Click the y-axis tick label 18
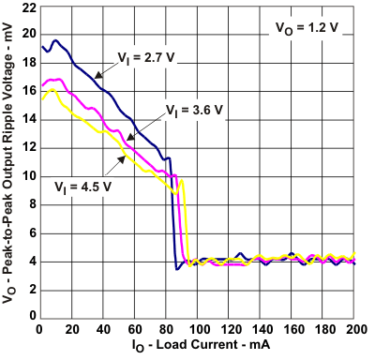(x=26, y=62)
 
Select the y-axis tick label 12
(x=26, y=147)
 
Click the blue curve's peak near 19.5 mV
(x=54, y=41)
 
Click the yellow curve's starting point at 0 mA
(x=39, y=97)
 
